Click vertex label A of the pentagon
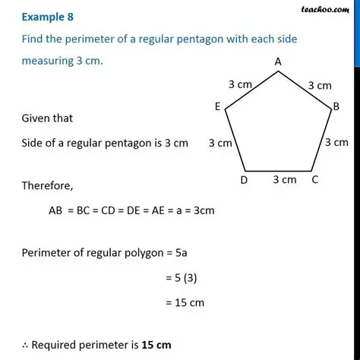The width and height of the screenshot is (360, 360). (x=278, y=61)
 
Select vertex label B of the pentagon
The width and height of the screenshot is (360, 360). (x=336, y=108)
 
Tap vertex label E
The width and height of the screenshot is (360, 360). (x=217, y=108)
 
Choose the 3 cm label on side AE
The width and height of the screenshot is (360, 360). (x=240, y=85)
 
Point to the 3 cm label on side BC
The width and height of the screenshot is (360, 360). (x=336, y=142)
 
